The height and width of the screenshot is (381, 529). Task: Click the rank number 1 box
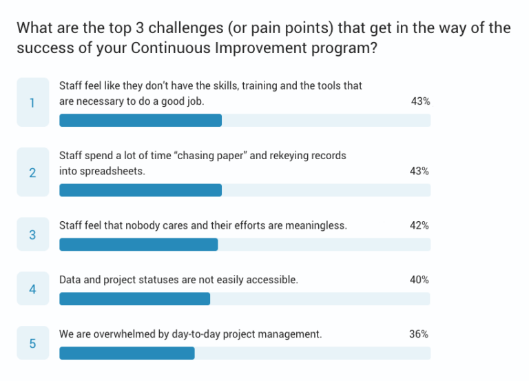[32, 103]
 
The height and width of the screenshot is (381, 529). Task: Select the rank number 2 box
[32, 172]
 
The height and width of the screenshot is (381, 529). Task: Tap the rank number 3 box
[32, 235]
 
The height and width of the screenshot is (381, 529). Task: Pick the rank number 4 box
[32, 289]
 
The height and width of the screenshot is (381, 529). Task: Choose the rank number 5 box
[32, 343]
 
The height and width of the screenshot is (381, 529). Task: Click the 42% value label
[419, 225]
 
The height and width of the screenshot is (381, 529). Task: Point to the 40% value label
[419, 280]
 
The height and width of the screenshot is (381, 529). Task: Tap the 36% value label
[419, 334]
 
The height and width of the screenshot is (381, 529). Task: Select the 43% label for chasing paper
[419, 171]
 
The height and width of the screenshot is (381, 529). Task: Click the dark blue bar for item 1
[141, 121]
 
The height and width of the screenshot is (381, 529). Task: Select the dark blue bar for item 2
[141, 190]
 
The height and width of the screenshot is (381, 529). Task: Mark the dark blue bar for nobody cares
[138, 245]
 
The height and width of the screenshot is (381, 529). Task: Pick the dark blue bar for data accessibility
[134, 299]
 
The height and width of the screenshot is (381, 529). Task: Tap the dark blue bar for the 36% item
[127, 353]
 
